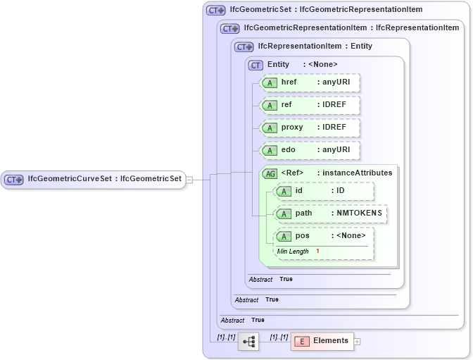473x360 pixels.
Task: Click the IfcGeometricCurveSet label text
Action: (104, 179)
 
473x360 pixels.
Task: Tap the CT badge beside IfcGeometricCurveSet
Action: (14, 180)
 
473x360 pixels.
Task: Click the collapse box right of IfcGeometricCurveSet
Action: (189, 180)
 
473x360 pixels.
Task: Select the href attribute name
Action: (289, 82)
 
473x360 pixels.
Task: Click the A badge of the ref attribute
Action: (269, 105)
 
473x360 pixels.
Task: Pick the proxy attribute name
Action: (291, 128)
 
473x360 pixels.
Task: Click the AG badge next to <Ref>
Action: (270, 173)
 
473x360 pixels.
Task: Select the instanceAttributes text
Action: (357, 173)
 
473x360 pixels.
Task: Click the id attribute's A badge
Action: (284, 191)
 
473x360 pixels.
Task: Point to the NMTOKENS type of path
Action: (359, 213)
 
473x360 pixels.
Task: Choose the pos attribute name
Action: (302, 236)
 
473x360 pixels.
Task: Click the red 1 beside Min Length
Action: (317, 252)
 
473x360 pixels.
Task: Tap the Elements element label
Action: (331, 341)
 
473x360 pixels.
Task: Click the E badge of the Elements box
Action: (301, 342)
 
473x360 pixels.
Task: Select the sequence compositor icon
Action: (248, 342)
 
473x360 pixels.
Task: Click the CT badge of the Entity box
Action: (256, 65)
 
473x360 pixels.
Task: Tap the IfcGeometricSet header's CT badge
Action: (215, 11)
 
